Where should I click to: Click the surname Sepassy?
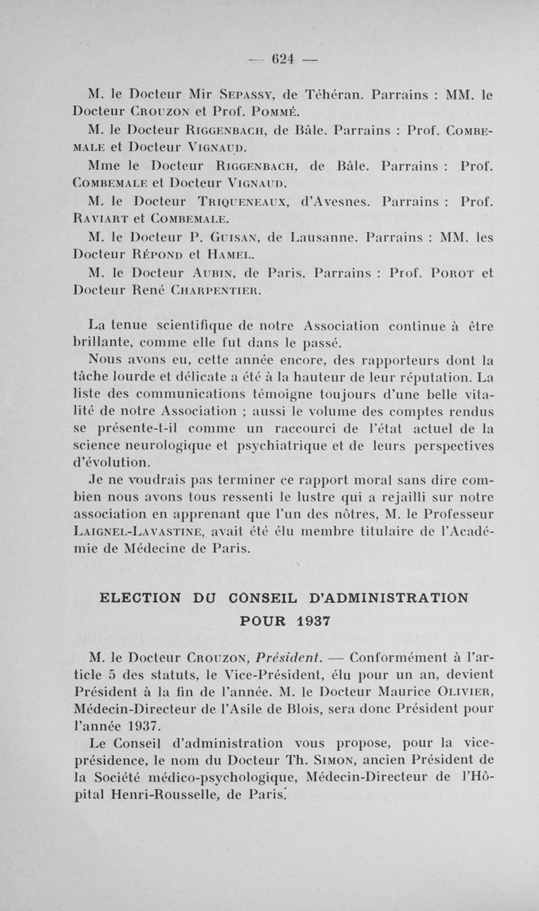(x=234, y=96)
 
